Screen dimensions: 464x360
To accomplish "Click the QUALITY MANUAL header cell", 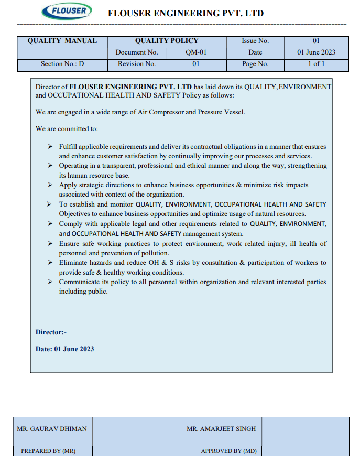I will pyautogui.click(x=62, y=41).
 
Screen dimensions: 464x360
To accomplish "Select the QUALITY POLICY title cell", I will pyautogui.click(x=167, y=41).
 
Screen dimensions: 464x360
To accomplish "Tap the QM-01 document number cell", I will pyautogui.click(x=195, y=52).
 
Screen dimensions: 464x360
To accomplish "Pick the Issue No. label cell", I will pyautogui.click(x=255, y=41).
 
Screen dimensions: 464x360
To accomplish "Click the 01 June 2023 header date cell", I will pyautogui.click(x=316, y=52).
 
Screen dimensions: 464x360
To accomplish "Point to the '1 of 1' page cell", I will pyautogui.click(x=316, y=64).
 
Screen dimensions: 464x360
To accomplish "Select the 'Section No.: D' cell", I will pyautogui.click(x=62, y=64).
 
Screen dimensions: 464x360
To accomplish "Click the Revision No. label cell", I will pyautogui.click(x=137, y=64).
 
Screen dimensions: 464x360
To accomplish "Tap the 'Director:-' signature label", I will pyautogui.click(x=51, y=332).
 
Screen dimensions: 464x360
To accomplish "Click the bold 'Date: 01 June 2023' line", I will pyautogui.click(x=64, y=349).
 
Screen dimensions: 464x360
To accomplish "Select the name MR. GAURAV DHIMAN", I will pyautogui.click(x=52, y=428).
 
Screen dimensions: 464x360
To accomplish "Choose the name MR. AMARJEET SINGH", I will pyautogui.click(x=221, y=428).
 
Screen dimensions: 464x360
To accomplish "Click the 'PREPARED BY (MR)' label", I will pyautogui.click(x=48, y=451).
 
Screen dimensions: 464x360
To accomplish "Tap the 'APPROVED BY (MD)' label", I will pyautogui.click(x=228, y=451).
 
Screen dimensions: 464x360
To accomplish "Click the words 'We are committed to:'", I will pyautogui.click(x=67, y=128).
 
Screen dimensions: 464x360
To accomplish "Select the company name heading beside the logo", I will pyautogui.click(x=186, y=13).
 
